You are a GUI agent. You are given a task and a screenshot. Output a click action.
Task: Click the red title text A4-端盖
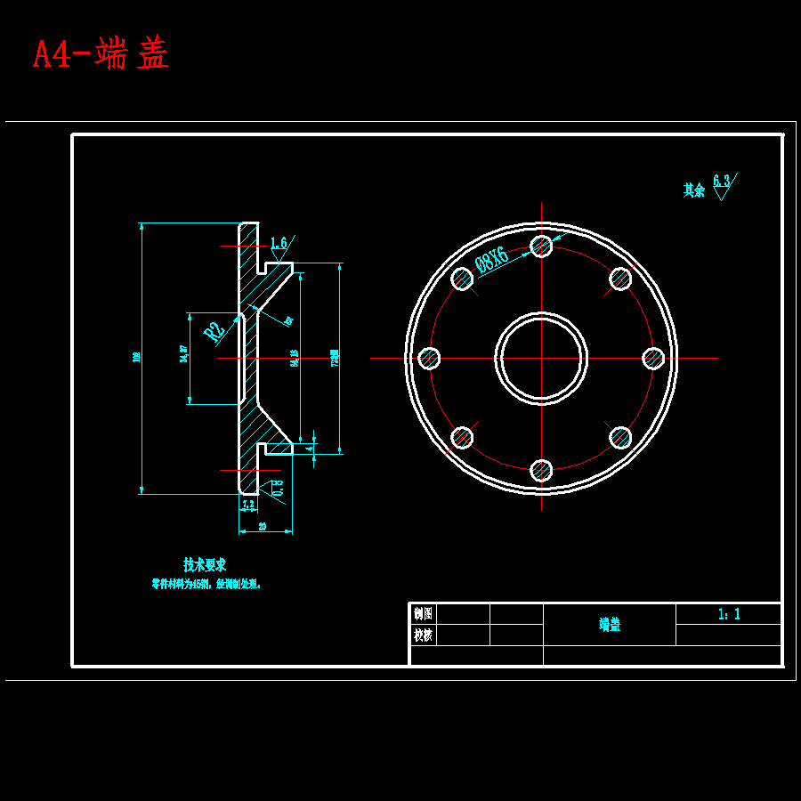[101, 54]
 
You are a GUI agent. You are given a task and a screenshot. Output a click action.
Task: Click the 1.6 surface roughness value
[278, 243]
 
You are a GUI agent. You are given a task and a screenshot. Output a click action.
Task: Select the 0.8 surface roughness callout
[278, 488]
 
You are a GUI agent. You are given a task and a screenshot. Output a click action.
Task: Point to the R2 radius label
[214, 332]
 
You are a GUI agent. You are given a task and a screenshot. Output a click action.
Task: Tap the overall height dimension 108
[136, 357]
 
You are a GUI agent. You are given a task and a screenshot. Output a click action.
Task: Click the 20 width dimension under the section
[263, 526]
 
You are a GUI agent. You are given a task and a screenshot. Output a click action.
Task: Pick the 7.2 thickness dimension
[248, 504]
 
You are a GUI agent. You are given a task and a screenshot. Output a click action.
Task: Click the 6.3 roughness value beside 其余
[721, 182]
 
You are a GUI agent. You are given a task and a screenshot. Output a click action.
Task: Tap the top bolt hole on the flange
[541, 246]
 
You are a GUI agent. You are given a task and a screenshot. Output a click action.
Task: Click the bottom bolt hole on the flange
[541, 470]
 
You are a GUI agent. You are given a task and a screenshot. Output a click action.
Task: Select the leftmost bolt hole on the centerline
[429, 358]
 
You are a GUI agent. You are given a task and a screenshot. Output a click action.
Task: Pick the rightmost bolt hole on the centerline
[653, 358]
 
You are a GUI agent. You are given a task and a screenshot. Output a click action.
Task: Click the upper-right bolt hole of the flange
[620, 279]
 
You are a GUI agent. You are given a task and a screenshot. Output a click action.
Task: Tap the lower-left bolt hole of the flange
[462, 437]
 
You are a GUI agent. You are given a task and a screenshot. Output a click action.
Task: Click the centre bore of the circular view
[541, 358]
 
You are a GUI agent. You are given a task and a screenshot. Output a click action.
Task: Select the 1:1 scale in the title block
[729, 613]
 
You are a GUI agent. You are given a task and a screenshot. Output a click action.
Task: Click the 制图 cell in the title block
[424, 613]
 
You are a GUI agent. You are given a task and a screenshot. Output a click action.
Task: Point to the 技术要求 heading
[205, 565]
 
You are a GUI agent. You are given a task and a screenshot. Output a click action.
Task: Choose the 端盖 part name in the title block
[610, 625]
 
